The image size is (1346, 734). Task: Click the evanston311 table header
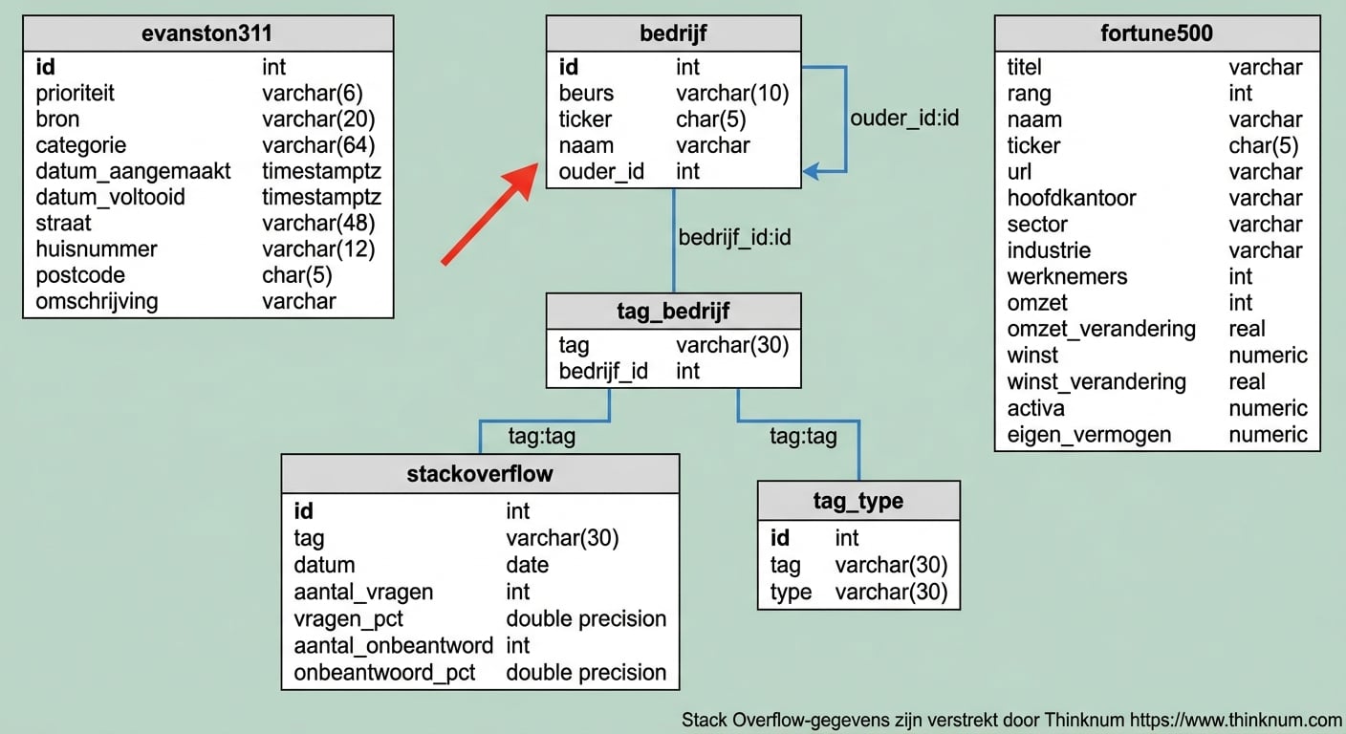pos(207,33)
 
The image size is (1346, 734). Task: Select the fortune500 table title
pos(1157,33)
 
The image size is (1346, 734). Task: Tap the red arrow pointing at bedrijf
pos(488,212)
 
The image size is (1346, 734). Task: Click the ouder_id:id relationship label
pos(904,119)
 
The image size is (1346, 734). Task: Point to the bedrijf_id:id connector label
pos(734,237)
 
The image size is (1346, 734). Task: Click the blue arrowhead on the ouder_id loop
pos(811,172)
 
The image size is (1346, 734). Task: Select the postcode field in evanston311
pos(80,275)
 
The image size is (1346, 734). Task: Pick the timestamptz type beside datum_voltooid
pos(321,197)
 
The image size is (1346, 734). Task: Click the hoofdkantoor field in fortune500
pos(1072,198)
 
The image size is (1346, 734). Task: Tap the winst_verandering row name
pos(1096,381)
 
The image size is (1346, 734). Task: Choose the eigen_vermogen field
pos(1089,435)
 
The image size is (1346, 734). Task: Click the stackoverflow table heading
pos(480,473)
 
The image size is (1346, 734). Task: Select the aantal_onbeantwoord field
pos(393,645)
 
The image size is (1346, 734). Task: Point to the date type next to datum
pos(527,565)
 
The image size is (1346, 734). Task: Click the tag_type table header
pos(858,501)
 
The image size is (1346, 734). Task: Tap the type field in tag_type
pos(791,592)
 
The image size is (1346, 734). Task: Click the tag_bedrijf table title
pos(673,312)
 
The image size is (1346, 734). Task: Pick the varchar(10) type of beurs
pos(731,94)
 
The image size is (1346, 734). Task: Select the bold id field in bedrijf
pos(569,67)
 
